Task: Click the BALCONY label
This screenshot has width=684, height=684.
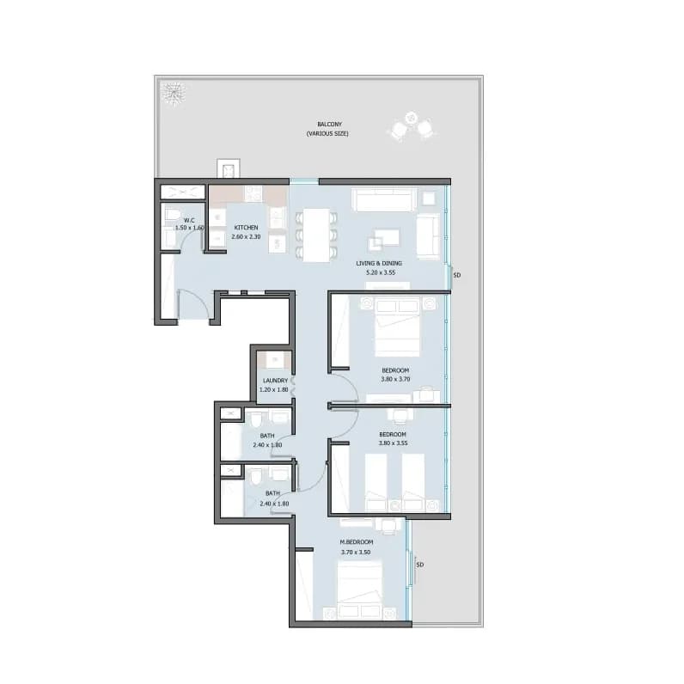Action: tap(329, 125)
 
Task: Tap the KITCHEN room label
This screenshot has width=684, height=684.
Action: tap(246, 228)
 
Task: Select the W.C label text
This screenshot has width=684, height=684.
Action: tap(189, 220)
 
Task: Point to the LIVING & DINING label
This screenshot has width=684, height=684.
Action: tap(379, 263)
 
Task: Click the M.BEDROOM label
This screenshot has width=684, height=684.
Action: tap(357, 542)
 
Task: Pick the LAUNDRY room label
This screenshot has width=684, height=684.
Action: tap(275, 381)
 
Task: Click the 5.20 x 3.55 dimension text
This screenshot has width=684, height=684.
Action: tap(381, 272)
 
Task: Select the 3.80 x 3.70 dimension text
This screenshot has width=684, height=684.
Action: tap(395, 380)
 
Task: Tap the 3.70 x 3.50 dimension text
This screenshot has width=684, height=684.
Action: tap(356, 553)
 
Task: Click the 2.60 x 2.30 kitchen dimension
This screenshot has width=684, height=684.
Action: tap(246, 237)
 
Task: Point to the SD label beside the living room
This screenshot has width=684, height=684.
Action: tap(457, 275)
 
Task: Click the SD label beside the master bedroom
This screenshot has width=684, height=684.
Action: tap(419, 565)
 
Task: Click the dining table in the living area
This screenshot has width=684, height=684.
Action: tap(316, 235)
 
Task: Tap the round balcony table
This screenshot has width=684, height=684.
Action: tap(411, 118)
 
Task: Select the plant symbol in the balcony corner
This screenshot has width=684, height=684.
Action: tap(174, 93)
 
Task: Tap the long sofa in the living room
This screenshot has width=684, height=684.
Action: tap(384, 200)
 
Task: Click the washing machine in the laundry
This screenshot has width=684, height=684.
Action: tap(275, 360)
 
